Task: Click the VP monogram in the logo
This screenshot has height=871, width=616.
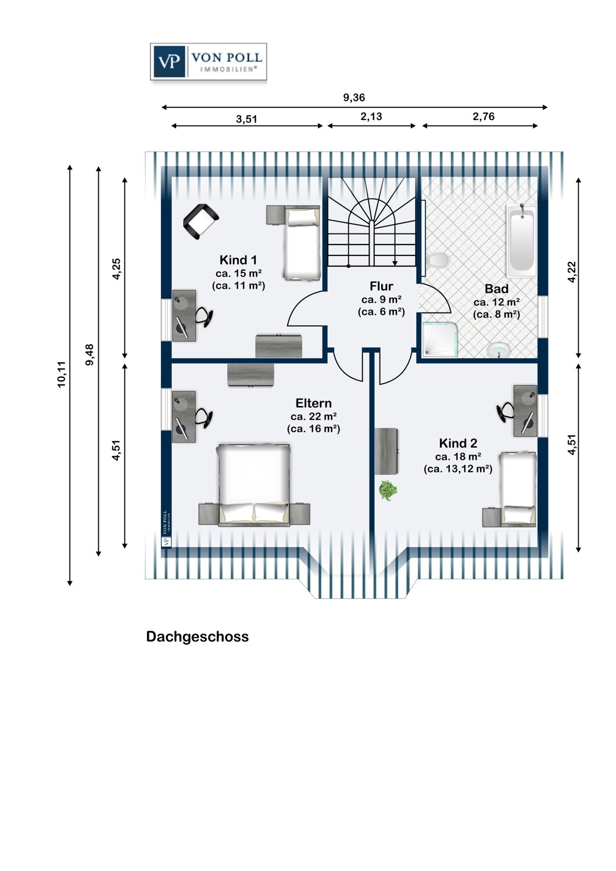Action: click(169, 61)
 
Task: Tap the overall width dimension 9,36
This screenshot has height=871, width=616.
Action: click(354, 98)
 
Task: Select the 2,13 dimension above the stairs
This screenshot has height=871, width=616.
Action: click(371, 117)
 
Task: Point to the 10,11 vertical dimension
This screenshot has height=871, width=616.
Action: click(62, 375)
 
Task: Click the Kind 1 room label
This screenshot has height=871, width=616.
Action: click(238, 260)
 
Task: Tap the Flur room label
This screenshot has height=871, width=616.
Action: click(381, 286)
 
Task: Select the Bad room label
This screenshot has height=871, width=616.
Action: click(496, 289)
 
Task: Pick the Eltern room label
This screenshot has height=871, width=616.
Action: click(313, 404)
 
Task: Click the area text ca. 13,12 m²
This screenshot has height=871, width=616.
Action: click(458, 469)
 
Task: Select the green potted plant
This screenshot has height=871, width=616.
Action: click(388, 490)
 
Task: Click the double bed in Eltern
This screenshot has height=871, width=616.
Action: click(254, 484)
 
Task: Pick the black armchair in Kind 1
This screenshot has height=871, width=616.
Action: click(200, 221)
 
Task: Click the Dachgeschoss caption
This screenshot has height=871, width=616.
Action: click(197, 637)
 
